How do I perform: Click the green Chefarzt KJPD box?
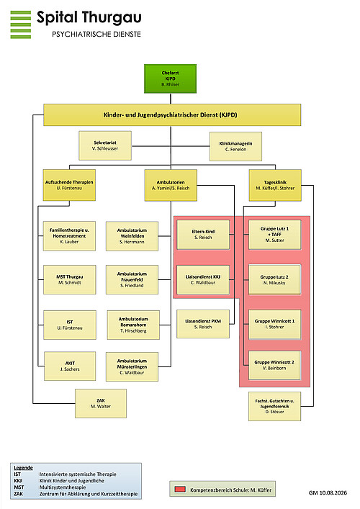click(170, 78)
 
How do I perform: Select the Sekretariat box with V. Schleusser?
click(105, 145)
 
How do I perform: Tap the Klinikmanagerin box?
click(235, 146)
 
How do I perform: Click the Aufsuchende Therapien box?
click(69, 185)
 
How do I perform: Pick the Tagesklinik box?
click(275, 185)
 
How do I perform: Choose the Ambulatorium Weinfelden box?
click(132, 236)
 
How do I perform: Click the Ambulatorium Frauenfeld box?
click(132, 279)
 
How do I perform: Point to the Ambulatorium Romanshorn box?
click(133, 325)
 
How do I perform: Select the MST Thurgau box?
click(69, 279)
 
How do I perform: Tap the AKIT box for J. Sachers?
click(70, 366)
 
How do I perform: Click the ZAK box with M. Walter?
click(101, 403)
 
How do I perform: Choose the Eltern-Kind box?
click(203, 235)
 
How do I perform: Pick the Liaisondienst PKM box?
click(203, 324)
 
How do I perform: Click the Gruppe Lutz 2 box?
click(274, 280)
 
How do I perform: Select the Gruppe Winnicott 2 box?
click(274, 365)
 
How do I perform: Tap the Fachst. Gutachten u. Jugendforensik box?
click(274, 407)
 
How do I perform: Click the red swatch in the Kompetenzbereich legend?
click(180, 489)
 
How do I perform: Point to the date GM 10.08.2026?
click(328, 492)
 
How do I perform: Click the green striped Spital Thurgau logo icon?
click(21, 24)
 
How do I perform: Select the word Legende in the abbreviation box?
click(23, 468)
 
